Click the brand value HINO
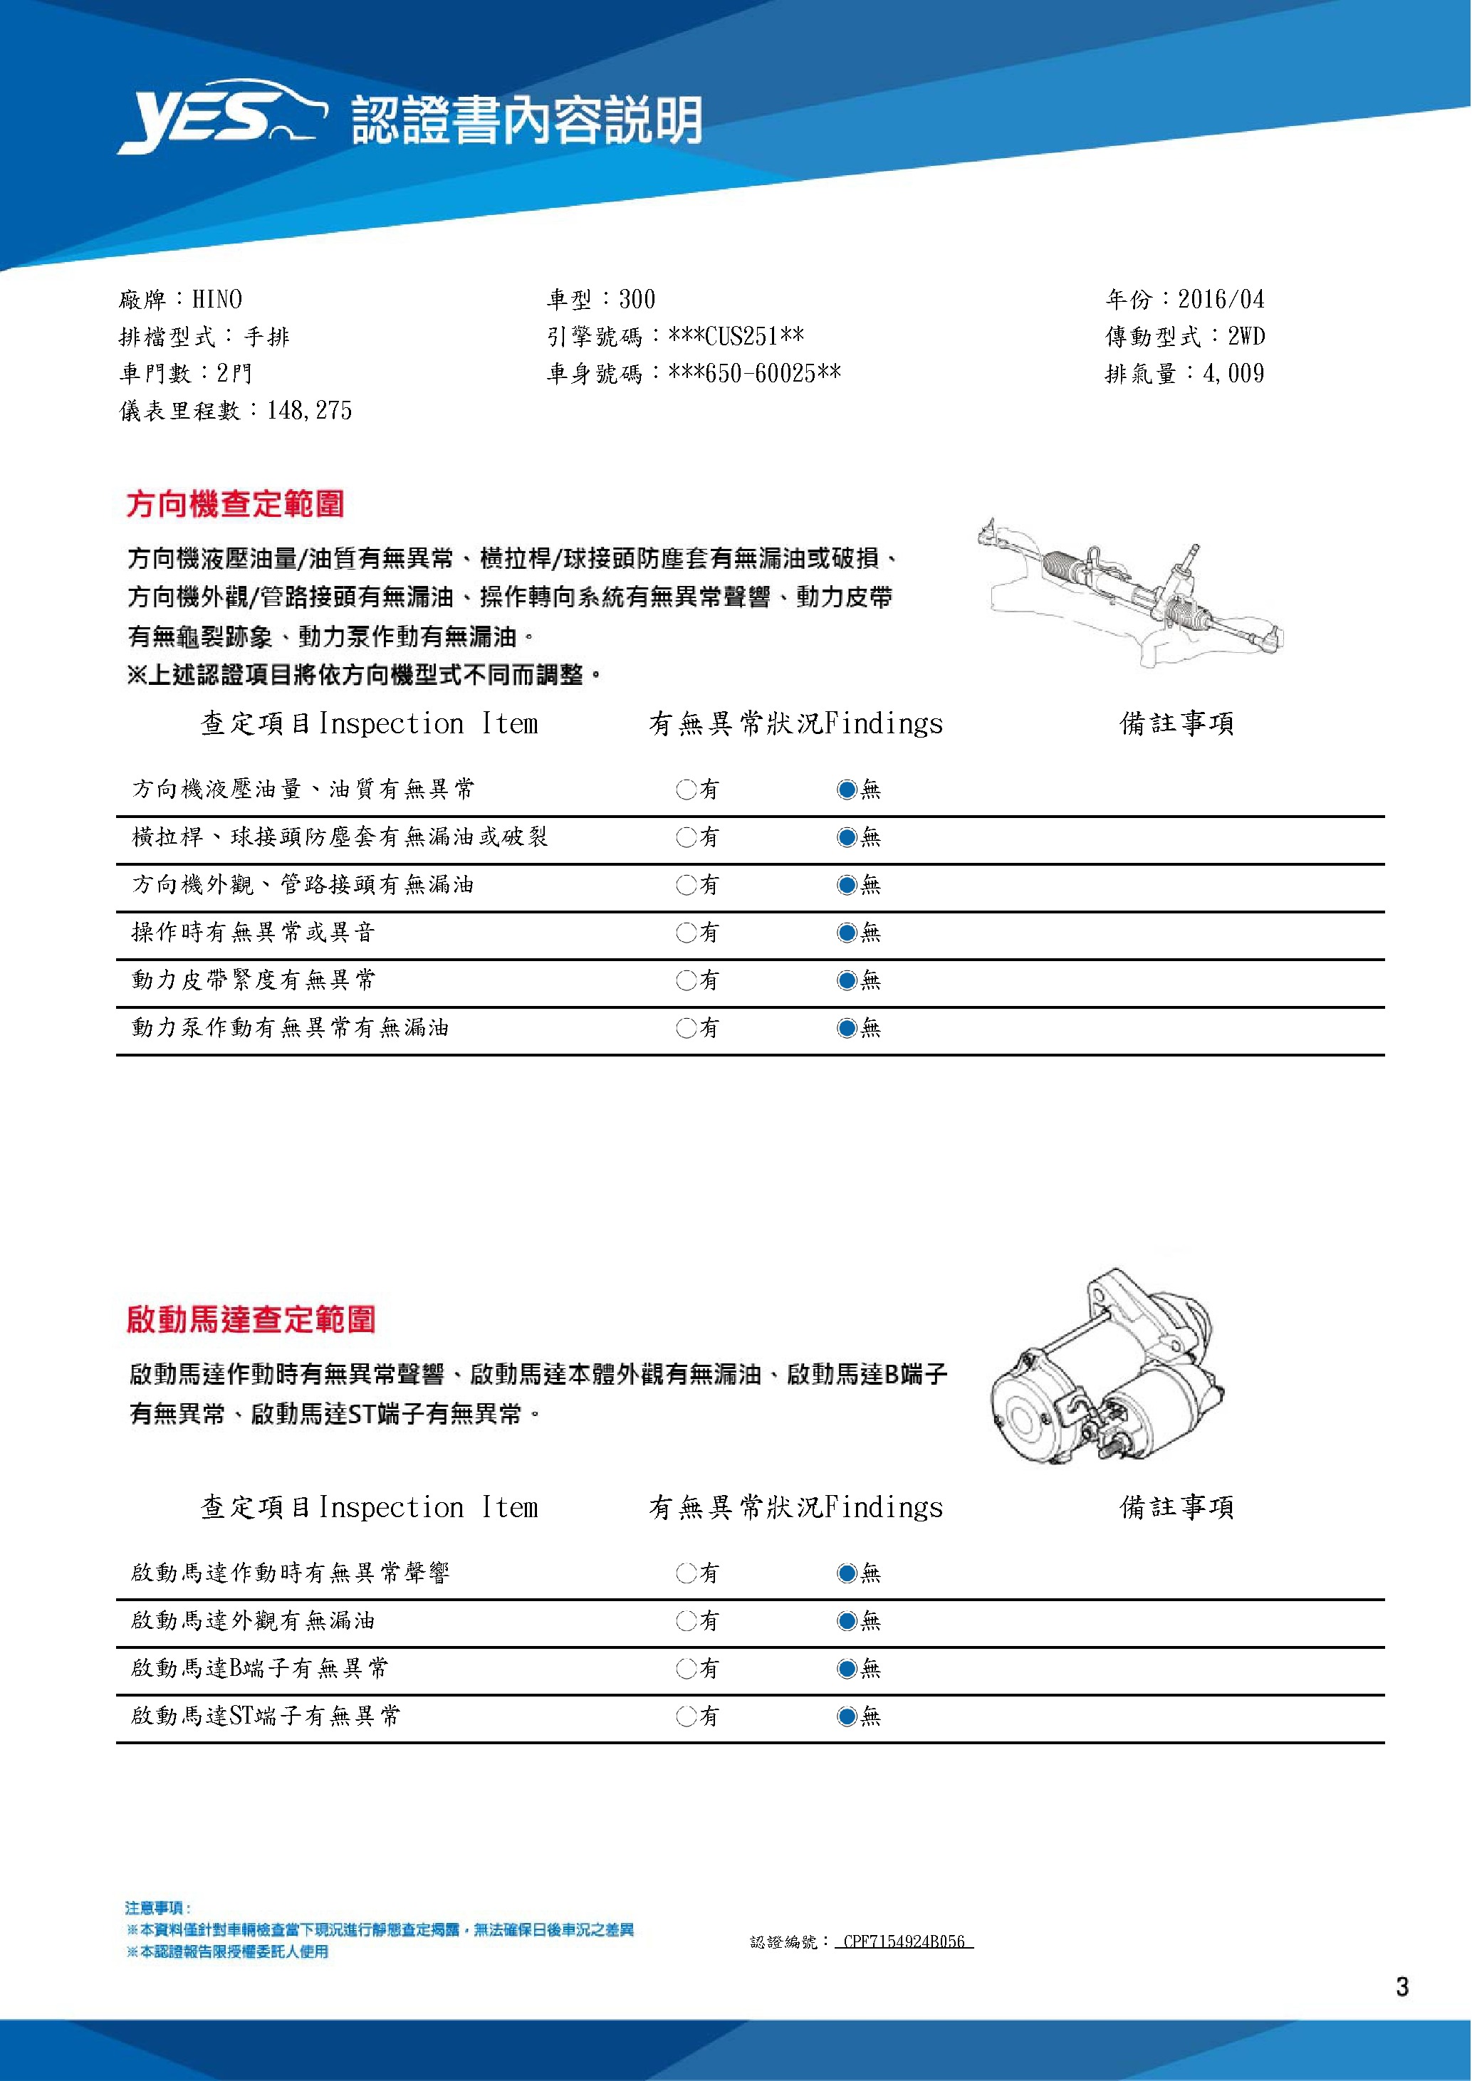tap(216, 299)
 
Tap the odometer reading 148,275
tap(309, 411)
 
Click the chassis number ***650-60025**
tap(754, 374)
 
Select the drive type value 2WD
tap(1246, 336)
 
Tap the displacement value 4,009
tap(1233, 374)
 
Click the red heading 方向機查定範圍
tap(236, 504)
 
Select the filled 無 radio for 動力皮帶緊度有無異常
tap(847, 980)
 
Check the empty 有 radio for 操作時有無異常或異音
tap(685, 933)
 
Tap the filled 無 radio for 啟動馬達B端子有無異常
tap(847, 1669)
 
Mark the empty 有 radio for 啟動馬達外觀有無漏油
tap(685, 1620)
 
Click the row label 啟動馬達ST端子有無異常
tap(265, 1716)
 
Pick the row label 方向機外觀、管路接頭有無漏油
tap(303, 885)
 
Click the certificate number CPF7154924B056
tap(904, 1941)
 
